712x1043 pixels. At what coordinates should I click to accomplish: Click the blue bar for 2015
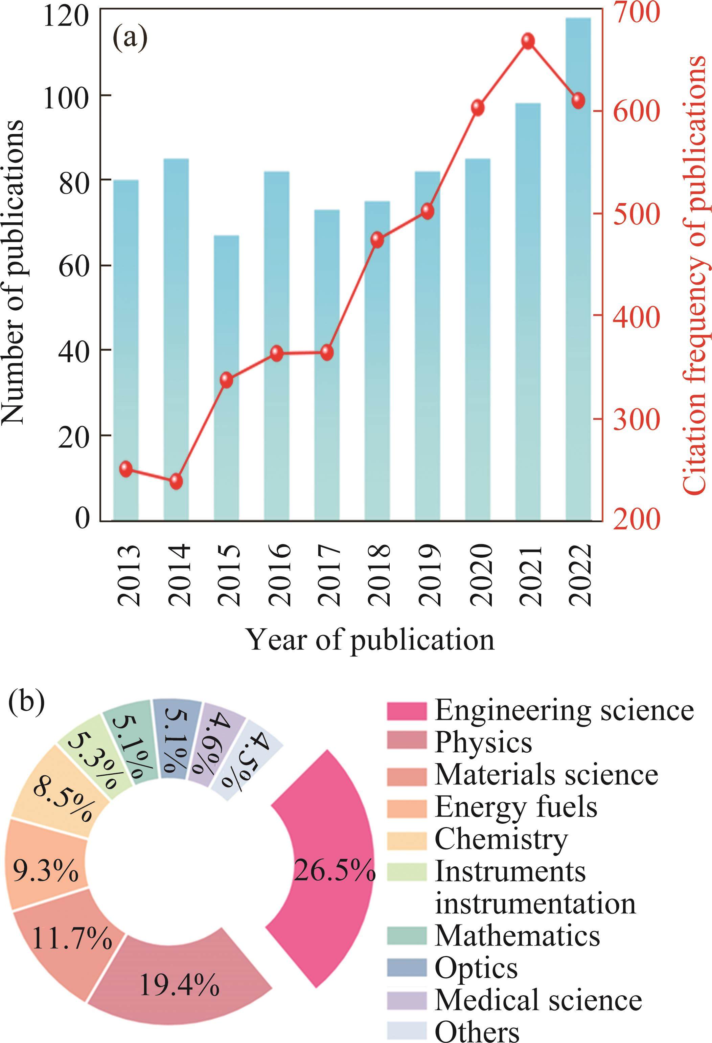pyautogui.click(x=227, y=377)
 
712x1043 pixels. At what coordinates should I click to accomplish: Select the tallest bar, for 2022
pyautogui.click(x=578, y=269)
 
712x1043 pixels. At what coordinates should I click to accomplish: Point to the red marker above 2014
pyautogui.click(x=176, y=482)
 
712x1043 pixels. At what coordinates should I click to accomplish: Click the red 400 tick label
pyautogui.click(x=636, y=316)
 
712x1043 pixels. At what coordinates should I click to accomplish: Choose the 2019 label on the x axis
pyautogui.click(x=428, y=575)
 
